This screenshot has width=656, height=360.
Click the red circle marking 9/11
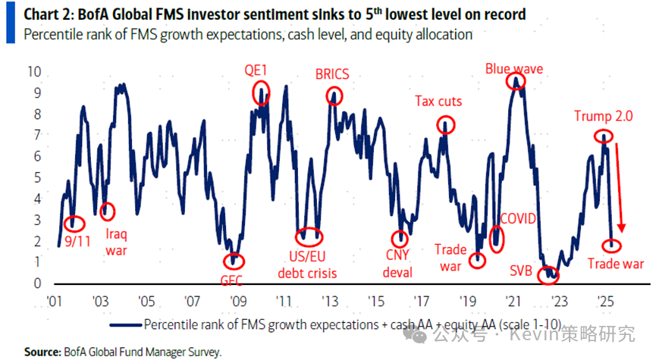74,224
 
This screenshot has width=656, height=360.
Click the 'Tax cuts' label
438,102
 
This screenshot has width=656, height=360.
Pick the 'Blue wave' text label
514,69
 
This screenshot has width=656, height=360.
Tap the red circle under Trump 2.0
603,137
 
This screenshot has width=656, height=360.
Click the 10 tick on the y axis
34,72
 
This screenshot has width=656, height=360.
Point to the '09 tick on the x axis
237,299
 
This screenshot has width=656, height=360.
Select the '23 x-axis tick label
558,299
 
